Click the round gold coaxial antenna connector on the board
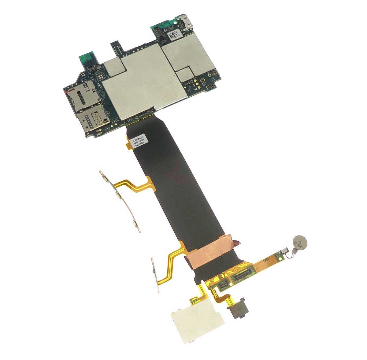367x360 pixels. click(215, 74)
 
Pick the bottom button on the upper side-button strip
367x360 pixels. click(136, 226)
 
